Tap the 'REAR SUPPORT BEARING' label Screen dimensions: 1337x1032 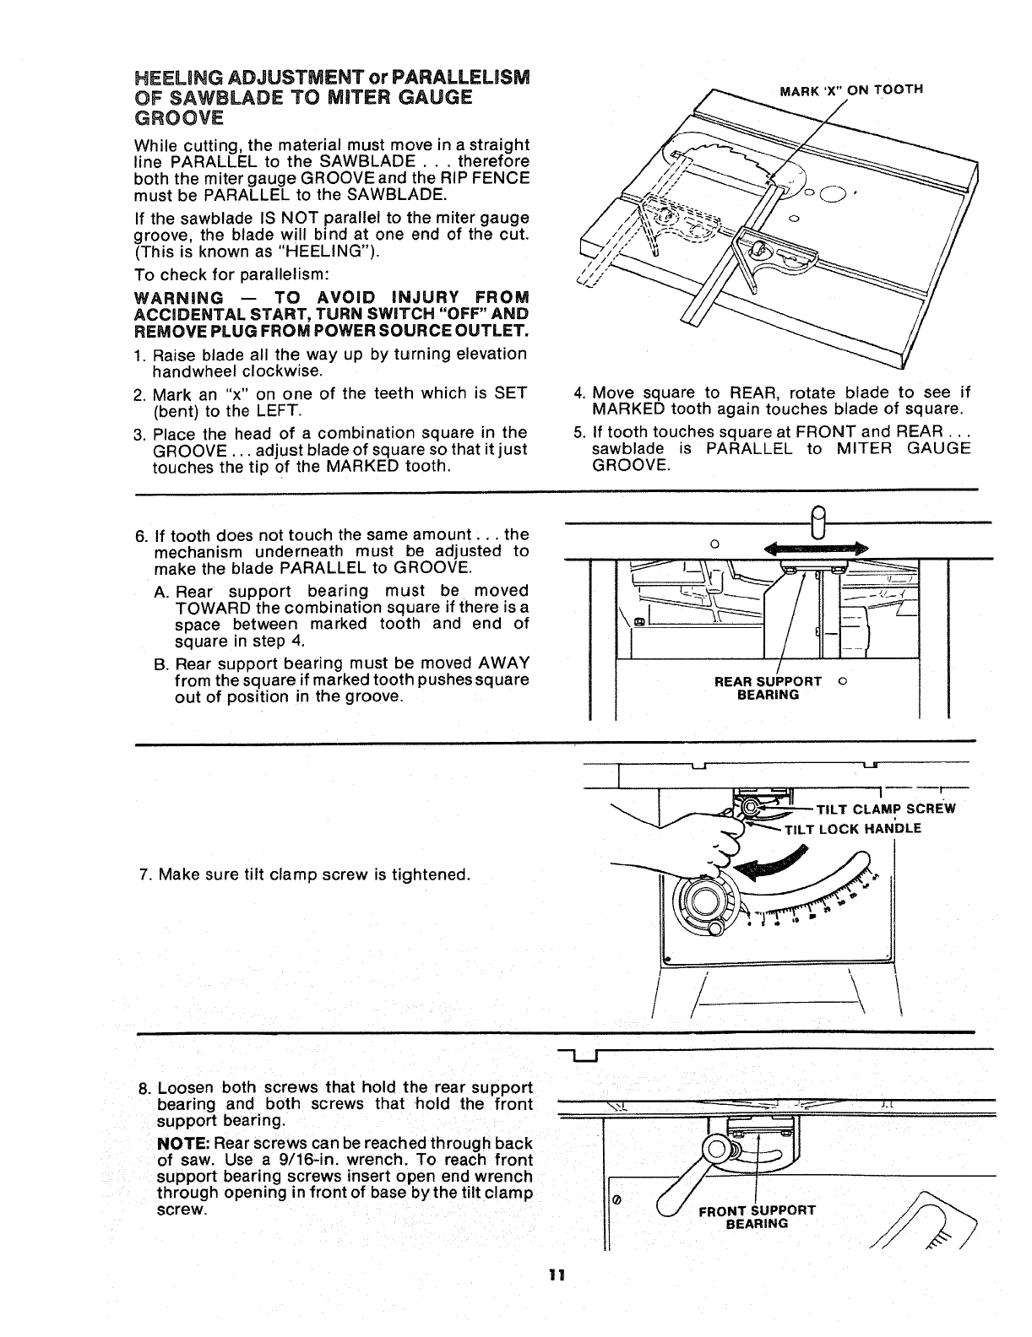tap(768, 688)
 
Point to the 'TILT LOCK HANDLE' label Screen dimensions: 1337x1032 tap(853, 828)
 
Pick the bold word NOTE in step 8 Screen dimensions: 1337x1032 tap(182, 1144)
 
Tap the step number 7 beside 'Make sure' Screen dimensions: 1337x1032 tap(144, 874)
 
